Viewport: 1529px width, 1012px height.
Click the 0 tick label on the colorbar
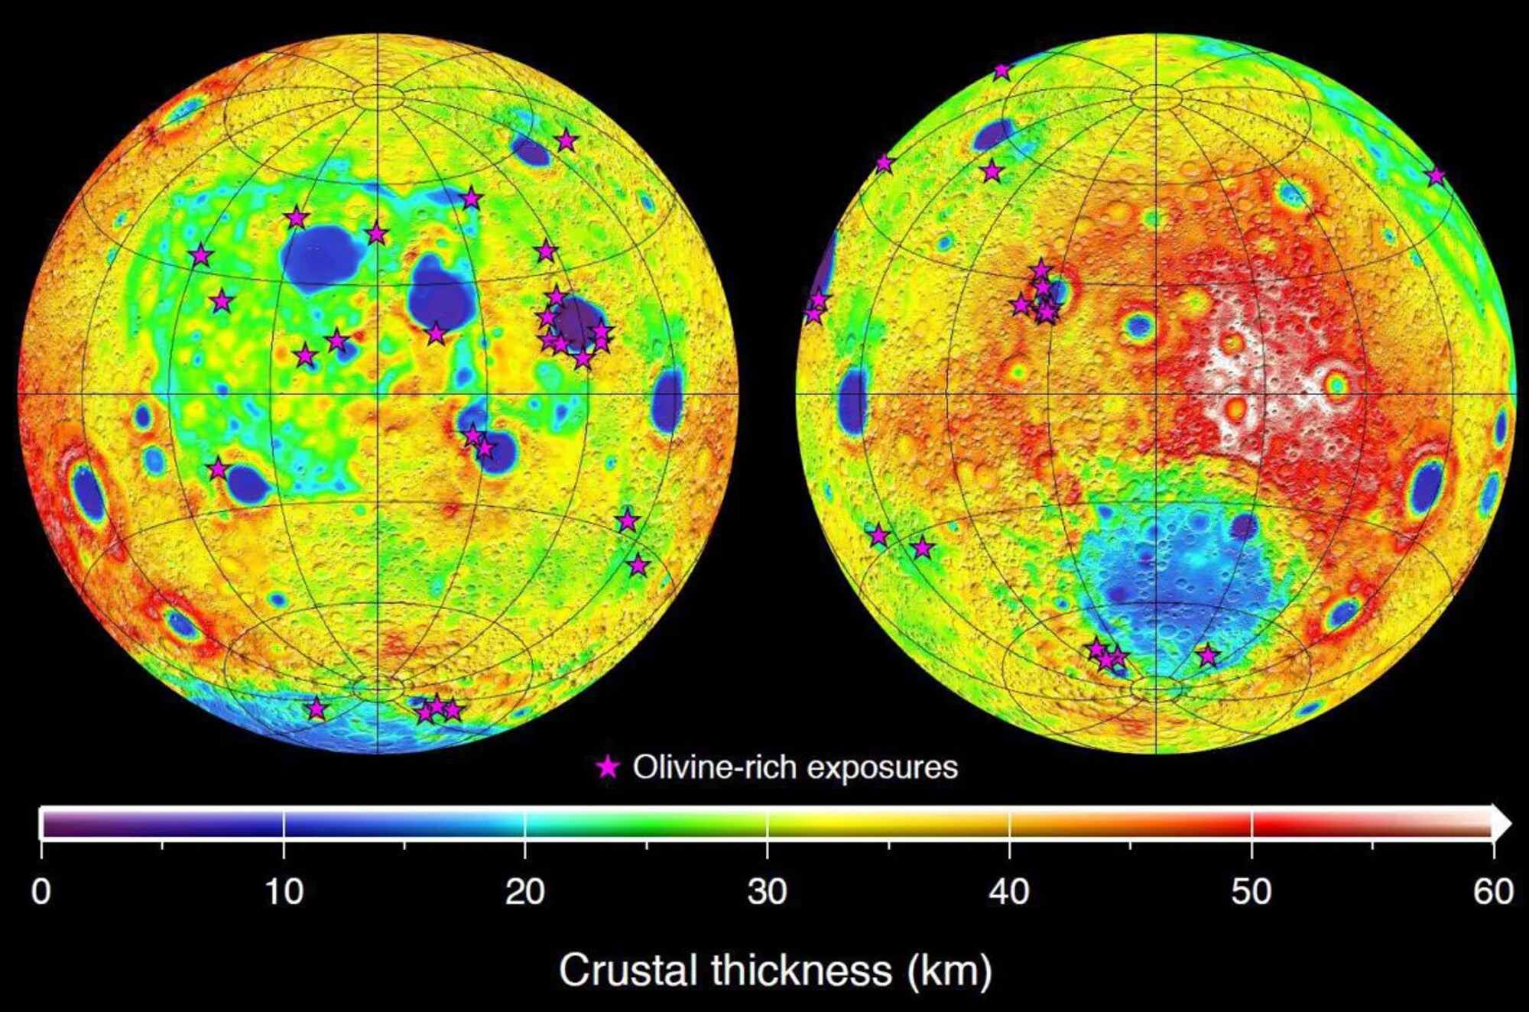tap(41, 891)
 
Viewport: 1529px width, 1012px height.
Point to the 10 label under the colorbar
tap(284, 891)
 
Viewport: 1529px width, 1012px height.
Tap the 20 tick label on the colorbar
tap(525, 891)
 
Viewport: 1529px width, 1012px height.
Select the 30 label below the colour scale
tap(767, 891)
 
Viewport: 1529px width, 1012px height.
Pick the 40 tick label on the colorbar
tap(1009, 891)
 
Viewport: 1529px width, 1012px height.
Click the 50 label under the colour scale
tap(1251, 891)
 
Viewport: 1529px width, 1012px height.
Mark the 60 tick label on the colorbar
tap(1492, 891)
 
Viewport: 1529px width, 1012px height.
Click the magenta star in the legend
tap(608, 767)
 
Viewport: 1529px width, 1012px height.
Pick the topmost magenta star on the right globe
tap(1001, 71)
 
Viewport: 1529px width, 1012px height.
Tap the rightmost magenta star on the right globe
tap(1436, 177)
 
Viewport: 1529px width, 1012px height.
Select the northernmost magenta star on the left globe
tap(566, 141)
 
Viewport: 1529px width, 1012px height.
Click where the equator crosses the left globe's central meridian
tap(378, 394)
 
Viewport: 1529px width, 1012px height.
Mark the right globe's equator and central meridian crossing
tap(1156, 394)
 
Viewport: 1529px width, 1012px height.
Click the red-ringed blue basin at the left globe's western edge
tap(87, 492)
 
